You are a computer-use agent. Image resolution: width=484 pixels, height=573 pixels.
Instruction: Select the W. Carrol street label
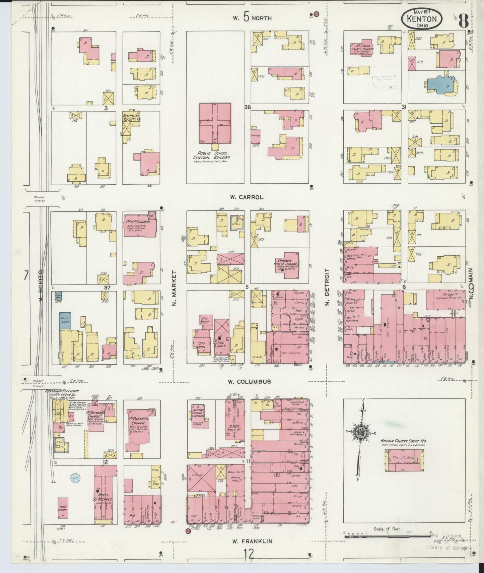247,197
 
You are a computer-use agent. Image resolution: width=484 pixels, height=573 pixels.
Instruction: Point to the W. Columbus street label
249,382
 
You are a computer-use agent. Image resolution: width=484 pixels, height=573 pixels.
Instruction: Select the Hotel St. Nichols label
105,499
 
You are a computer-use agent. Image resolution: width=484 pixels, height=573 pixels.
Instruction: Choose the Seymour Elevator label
62,391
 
